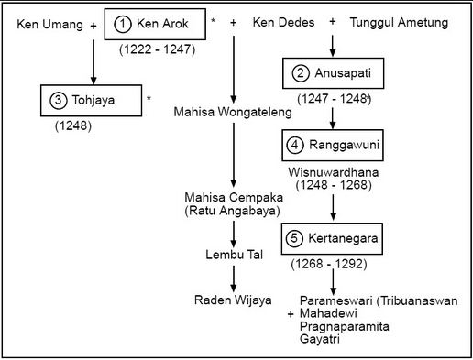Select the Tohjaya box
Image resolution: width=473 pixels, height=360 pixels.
[91, 100]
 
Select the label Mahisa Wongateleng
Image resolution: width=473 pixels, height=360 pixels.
[233, 113]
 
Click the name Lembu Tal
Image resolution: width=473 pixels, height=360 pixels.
[233, 254]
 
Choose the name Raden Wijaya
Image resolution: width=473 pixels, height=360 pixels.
[233, 300]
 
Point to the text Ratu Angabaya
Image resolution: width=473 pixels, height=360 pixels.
[233, 213]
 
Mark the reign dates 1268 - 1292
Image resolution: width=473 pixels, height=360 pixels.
[331, 266]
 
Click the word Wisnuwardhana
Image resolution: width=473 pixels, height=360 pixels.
[332, 171]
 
